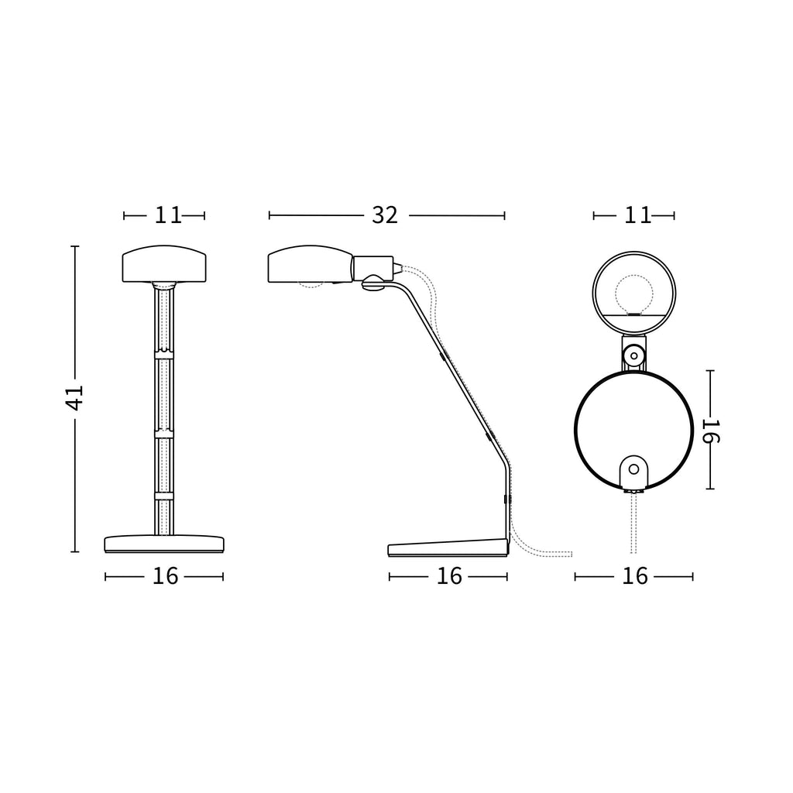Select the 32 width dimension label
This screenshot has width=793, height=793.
point(385,215)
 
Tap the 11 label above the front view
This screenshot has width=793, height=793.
point(167,215)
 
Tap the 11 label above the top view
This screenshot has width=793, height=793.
point(637,215)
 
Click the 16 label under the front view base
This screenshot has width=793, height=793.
point(166,576)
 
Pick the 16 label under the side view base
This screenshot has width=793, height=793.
point(449,576)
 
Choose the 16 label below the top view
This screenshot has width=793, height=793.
point(635,576)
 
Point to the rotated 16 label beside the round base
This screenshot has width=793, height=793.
point(711,431)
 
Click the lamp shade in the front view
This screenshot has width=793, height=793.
point(164,264)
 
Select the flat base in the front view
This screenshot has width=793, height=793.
point(164,544)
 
